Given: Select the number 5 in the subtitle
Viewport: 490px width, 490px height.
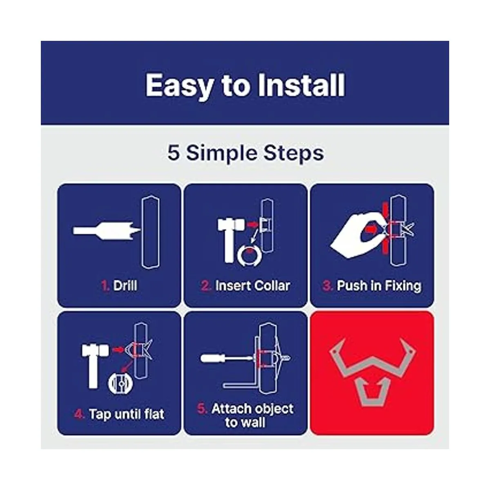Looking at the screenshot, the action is [174, 153].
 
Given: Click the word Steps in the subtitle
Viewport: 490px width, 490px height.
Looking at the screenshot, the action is [294, 154].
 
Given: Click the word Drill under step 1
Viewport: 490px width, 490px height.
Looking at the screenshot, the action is [125, 285].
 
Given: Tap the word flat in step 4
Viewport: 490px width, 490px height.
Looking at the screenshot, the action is [154, 414].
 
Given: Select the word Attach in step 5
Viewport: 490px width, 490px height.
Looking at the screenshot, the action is [231, 409].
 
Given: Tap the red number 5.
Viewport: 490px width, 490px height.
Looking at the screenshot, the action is [202, 409].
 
